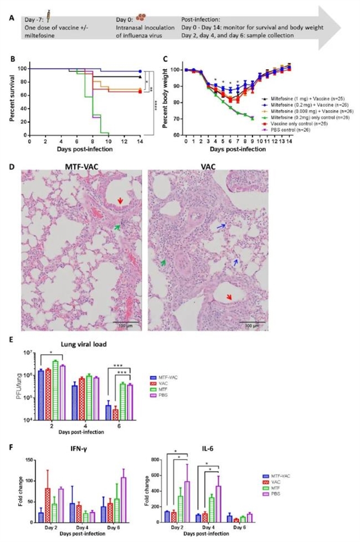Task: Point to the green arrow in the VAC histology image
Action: pos(164,262)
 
